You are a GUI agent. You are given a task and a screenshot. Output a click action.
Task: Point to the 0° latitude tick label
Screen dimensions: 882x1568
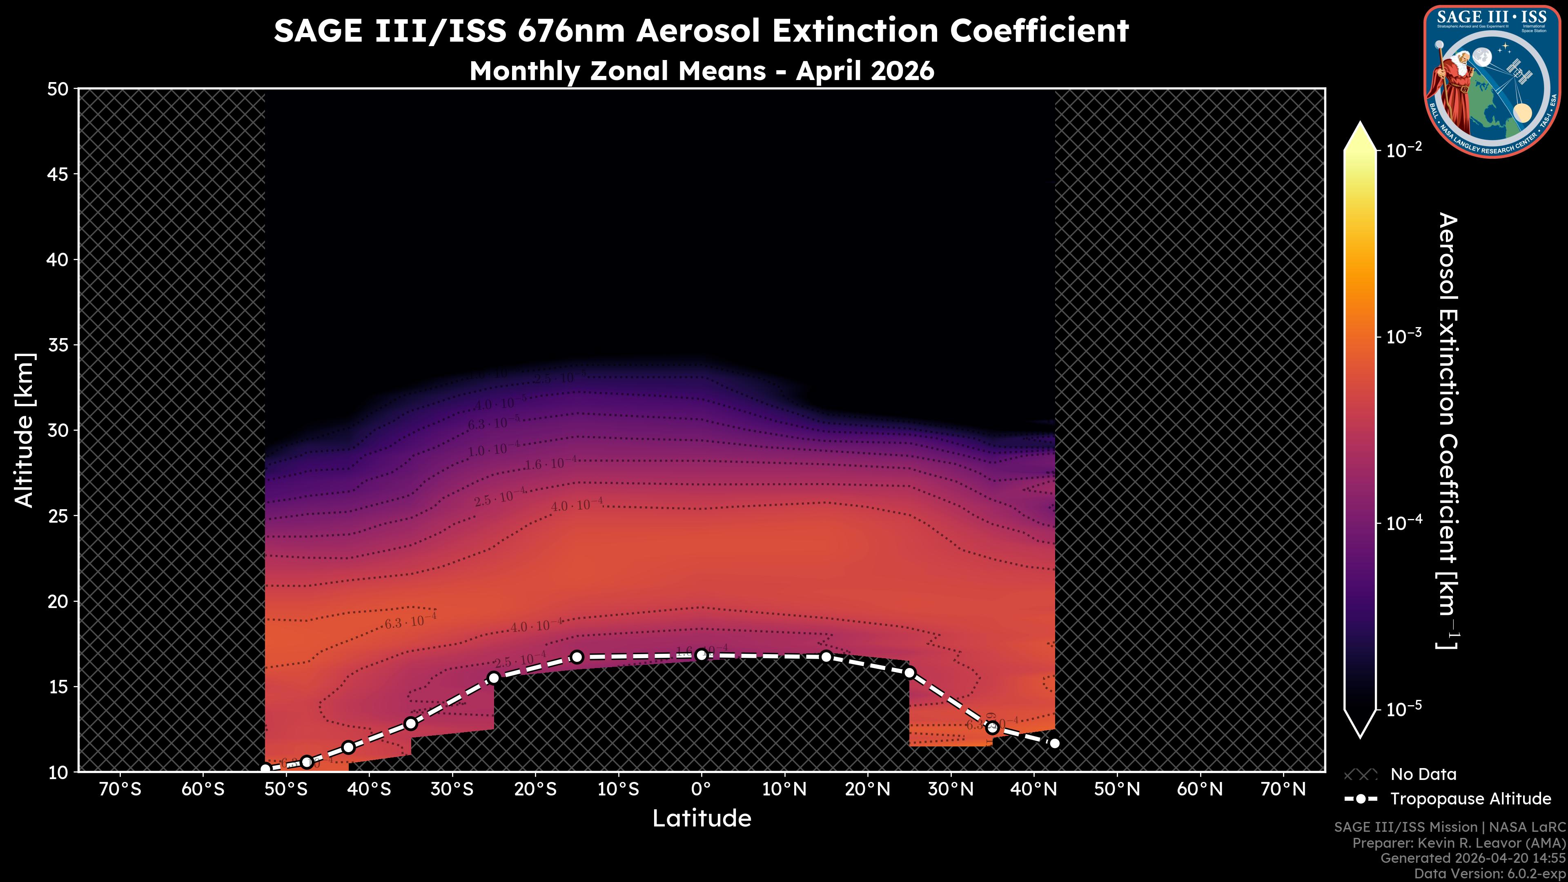pos(701,789)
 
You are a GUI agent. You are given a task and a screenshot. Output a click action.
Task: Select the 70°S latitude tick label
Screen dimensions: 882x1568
pos(120,789)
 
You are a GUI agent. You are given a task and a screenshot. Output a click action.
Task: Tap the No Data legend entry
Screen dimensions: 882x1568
pos(1423,774)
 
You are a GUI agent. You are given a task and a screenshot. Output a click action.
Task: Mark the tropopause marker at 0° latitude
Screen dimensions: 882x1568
pos(701,655)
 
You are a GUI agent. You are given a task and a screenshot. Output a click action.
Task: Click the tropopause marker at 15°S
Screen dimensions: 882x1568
pos(577,657)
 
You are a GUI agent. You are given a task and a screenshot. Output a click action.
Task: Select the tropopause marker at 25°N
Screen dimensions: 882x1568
pos(909,673)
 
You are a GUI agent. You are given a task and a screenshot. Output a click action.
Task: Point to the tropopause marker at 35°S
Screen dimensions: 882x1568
pos(411,724)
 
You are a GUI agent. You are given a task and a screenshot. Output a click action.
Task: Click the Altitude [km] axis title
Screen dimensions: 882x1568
pos(24,430)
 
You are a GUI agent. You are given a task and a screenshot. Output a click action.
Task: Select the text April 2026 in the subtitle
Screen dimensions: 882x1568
pos(864,71)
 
